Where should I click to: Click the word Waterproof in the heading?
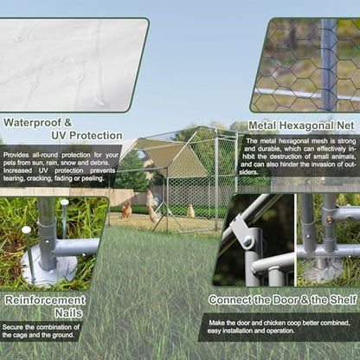[32, 123]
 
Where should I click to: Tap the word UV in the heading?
[60, 135]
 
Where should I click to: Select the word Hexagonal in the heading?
[306, 125]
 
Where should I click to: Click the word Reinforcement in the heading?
[45, 300]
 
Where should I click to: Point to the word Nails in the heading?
[68, 313]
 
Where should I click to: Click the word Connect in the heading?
[230, 300]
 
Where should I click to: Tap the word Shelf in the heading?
[344, 300]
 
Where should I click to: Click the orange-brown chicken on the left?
[126, 209]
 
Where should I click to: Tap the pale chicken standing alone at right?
[190, 211]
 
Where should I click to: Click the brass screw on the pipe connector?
[329, 221]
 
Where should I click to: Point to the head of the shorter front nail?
[26, 230]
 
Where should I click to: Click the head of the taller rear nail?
[65, 202]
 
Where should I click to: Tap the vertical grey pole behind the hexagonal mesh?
[328, 65]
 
